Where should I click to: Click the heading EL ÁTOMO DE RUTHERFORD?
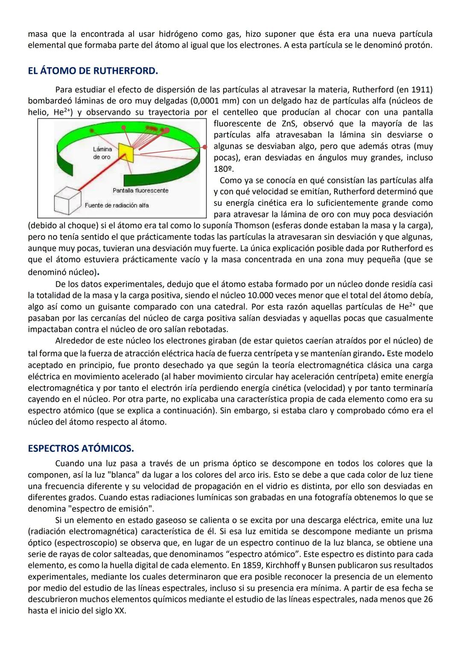93,71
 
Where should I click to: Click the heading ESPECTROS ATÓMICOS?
81,448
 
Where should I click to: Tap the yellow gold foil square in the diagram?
126,153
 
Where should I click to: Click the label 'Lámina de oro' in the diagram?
102,153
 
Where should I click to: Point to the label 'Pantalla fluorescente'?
140,191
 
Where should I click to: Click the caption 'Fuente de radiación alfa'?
117,205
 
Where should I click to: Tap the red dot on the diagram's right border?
205,147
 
